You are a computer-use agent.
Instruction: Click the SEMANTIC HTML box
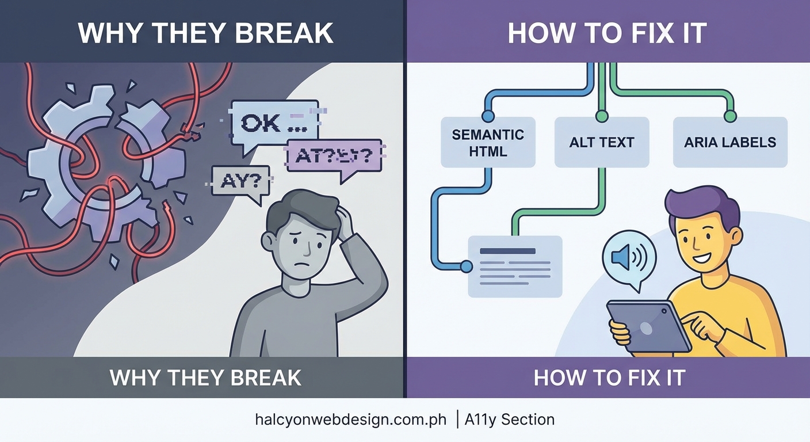(488, 142)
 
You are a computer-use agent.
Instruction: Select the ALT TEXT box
(602, 142)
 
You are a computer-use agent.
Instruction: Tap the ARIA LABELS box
(730, 142)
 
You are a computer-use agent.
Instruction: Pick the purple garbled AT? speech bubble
(334, 155)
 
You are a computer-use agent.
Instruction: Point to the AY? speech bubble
(240, 181)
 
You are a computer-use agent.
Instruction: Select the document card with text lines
(515, 266)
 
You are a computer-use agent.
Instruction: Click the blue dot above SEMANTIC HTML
(488, 116)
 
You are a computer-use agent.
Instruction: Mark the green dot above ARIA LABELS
(730, 116)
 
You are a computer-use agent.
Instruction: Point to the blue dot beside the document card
(466, 266)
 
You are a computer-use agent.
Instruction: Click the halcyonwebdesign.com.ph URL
(350, 420)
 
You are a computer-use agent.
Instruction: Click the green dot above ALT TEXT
(602, 116)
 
